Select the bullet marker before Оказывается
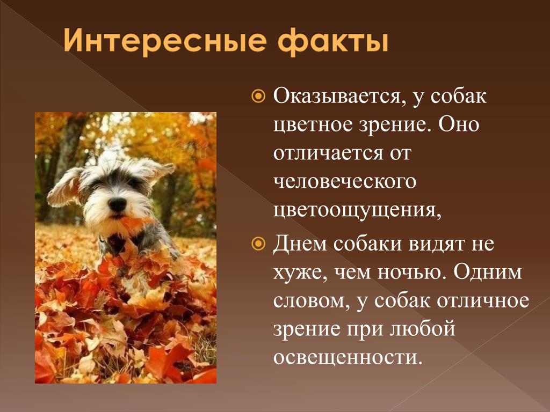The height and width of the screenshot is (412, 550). [x=258, y=95]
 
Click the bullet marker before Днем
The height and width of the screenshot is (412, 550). [x=258, y=244]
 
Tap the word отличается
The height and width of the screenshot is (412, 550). [x=328, y=153]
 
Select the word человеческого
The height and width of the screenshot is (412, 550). [x=344, y=182]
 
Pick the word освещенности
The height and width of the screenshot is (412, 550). [x=346, y=358]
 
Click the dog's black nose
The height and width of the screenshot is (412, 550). [x=117, y=204]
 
